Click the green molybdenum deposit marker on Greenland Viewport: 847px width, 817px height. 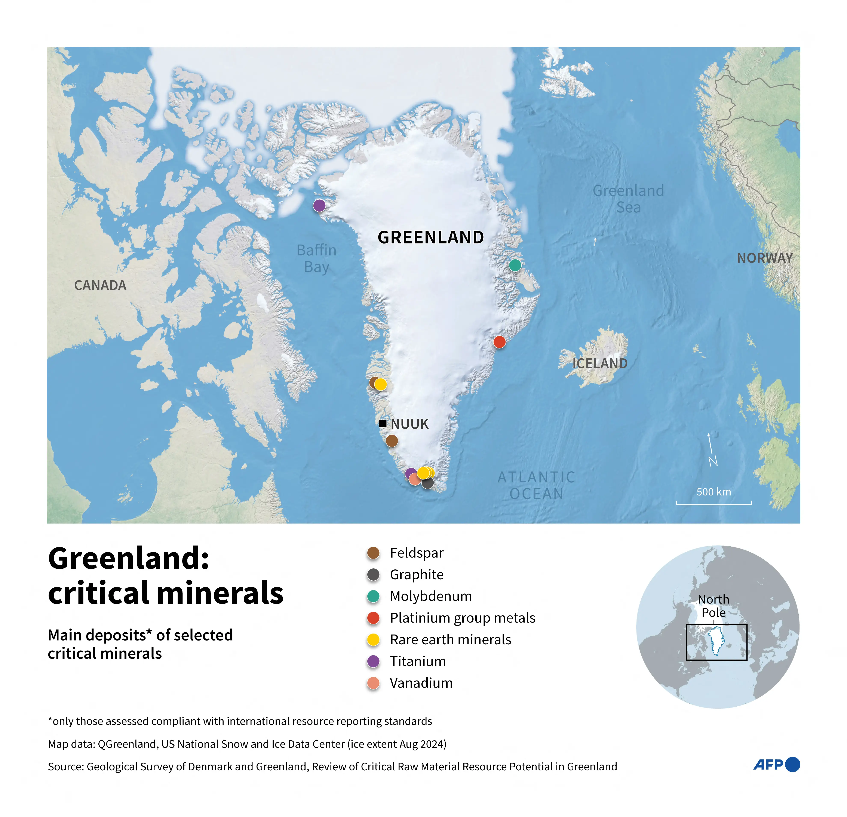[515, 265]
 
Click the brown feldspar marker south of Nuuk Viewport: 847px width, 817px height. [392, 441]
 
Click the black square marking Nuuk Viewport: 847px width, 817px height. [383, 423]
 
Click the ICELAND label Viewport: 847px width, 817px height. [600, 363]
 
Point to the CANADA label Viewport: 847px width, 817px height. [100, 286]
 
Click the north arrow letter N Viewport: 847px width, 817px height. [713, 461]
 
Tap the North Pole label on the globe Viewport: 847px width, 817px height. [713, 606]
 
